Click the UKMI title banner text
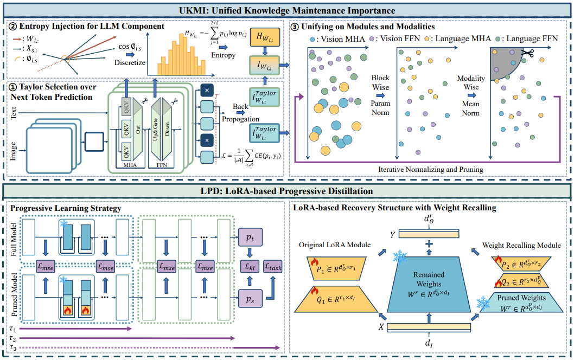(286, 10)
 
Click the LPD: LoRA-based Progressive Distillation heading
(286, 190)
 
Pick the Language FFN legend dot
(498, 40)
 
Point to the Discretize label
(129, 62)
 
